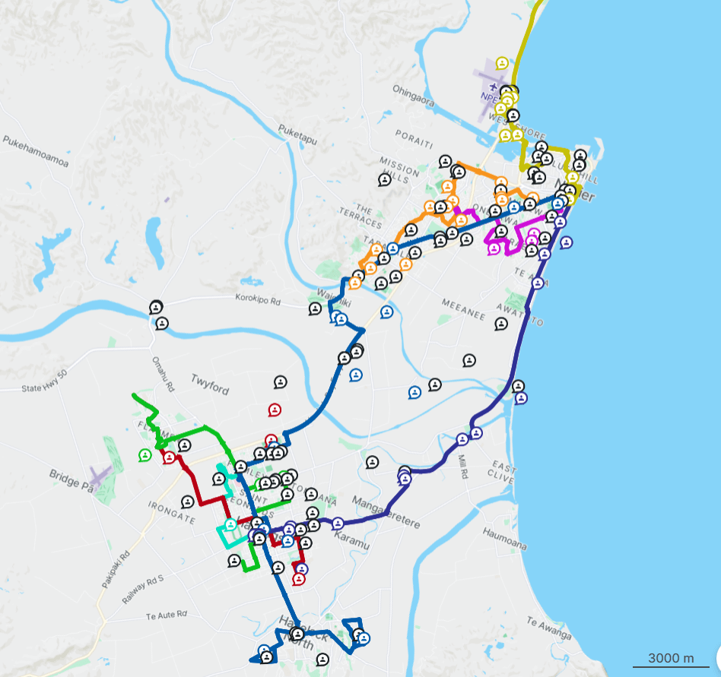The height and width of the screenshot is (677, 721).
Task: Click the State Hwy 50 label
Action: tap(45, 387)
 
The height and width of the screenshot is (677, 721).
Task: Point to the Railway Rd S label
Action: tap(144, 589)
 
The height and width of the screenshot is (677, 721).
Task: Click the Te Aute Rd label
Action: tap(166, 612)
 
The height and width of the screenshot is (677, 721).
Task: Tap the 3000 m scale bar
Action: tap(671, 659)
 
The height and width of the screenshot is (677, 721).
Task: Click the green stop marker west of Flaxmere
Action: tap(145, 455)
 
